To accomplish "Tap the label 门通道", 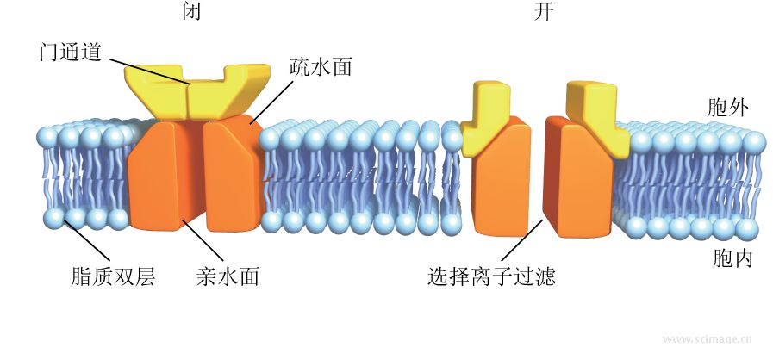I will [x=71, y=52].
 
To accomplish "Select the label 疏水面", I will [x=320, y=67].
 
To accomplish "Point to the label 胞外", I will [x=727, y=108].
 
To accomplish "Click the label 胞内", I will [x=732, y=258].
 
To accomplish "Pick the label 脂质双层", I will [x=113, y=277].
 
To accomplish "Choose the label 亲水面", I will [x=228, y=277].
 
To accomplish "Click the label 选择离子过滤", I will [x=491, y=277].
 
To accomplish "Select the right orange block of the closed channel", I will [x=231, y=177].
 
